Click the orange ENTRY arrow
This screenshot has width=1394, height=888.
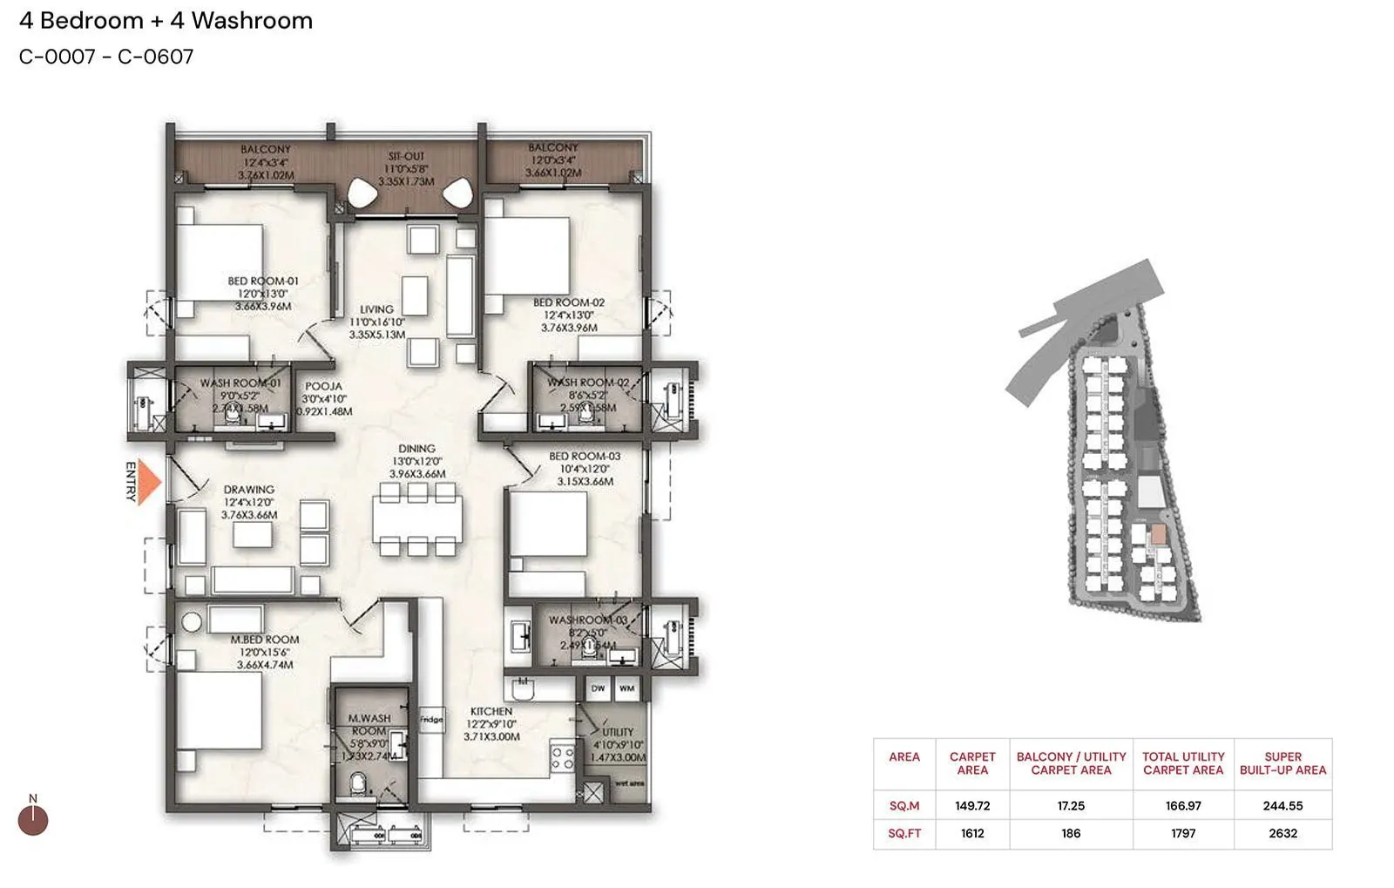tap(151, 482)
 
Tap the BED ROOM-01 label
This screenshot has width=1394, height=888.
tap(262, 281)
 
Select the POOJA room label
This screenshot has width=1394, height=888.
tap(323, 386)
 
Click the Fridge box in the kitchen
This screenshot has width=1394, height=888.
tap(431, 720)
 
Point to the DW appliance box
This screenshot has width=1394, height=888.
tap(598, 688)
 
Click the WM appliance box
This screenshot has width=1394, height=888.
tap(626, 688)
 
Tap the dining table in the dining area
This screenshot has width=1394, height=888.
tap(417, 520)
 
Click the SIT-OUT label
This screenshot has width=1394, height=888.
tap(406, 157)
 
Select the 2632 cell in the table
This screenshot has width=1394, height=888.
tap(1282, 834)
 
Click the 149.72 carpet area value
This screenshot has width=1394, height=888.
tap(972, 806)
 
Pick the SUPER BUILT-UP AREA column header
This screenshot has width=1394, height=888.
tap(1282, 763)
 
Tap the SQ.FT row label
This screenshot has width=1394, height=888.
tap(903, 834)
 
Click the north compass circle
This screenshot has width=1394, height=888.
tap(33, 820)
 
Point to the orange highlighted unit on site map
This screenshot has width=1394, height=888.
tap(1157, 534)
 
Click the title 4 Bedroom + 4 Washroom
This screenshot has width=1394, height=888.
tap(166, 21)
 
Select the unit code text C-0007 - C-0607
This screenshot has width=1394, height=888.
tap(106, 58)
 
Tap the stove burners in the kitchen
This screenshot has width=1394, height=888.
tap(562, 756)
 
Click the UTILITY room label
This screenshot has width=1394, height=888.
tap(618, 732)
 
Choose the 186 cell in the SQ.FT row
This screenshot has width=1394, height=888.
tap(1071, 834)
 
